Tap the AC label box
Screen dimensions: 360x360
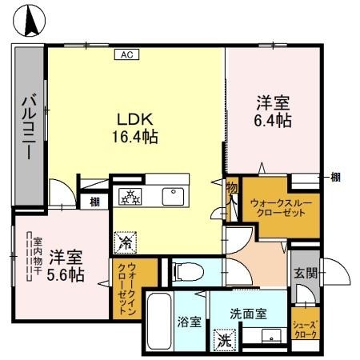(x=126, y=54)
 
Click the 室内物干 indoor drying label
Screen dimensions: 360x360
(x=36, y=254)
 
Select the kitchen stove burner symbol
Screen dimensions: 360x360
(x=130, y=196)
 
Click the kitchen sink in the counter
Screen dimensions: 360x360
(x=172, y=196)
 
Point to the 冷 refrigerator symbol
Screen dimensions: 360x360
(x=126, y=238)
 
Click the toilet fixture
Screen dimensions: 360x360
(x=184, y=270)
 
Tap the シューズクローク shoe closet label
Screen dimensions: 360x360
(x=305, y=329)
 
